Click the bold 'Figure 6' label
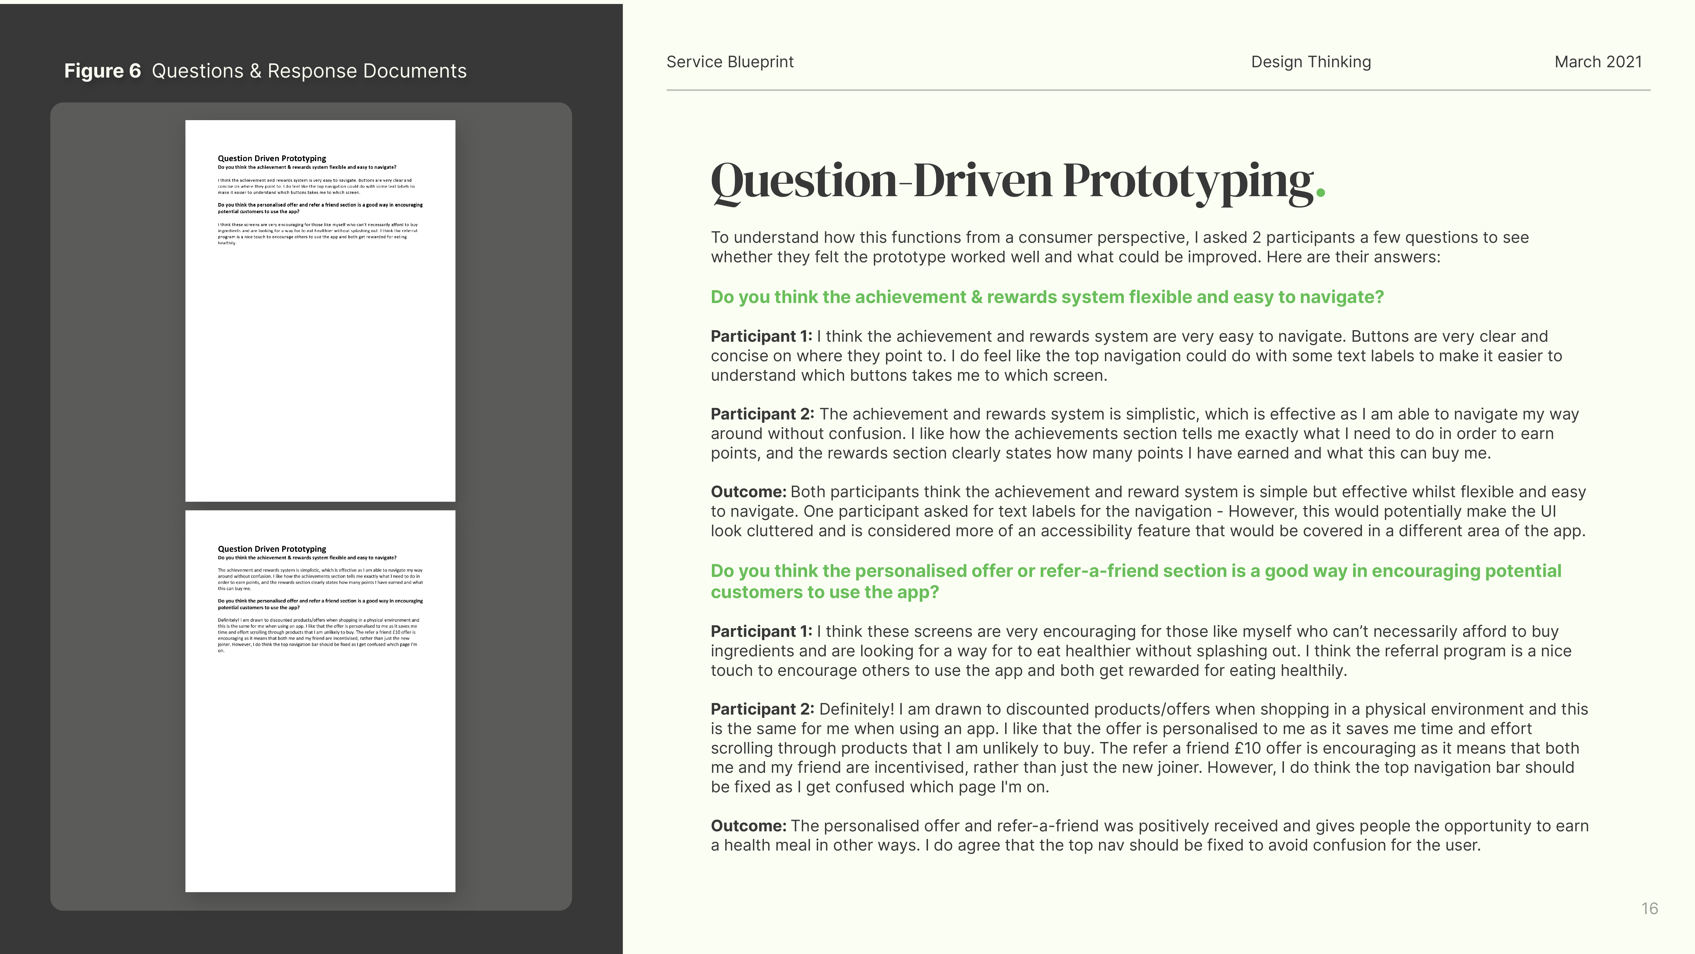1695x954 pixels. pyautogui.click(x=102, y=71)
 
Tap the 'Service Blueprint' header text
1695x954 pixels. pyautogui.click(x=730, y=62)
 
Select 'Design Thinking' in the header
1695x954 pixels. pyautogui.click(x=1311, y=62)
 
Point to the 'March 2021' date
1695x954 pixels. pyautogui.click(x=1598, y=62)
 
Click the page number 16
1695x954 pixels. pyautogui.click(x=1649, y=908)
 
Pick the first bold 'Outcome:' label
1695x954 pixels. pyautogui.click(x=748, y=492)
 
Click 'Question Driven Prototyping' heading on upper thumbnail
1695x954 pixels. pyautogui.click(x=272, y=159)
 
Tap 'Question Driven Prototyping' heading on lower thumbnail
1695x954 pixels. pyautogui.click(x=272, y=549)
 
